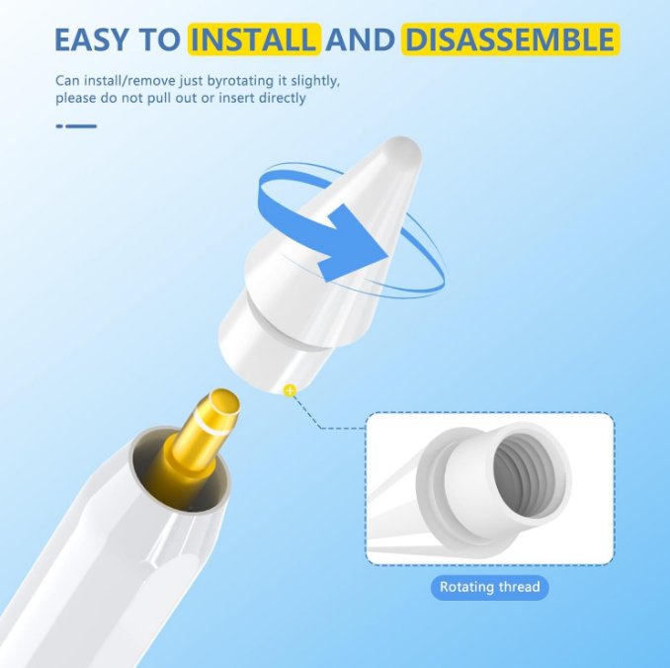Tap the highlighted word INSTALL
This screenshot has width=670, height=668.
pos(255,41)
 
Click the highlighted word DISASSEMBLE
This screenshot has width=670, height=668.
pos(509,41)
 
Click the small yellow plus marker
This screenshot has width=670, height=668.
pos(290,390)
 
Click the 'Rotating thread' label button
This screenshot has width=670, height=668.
pos(490,587)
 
